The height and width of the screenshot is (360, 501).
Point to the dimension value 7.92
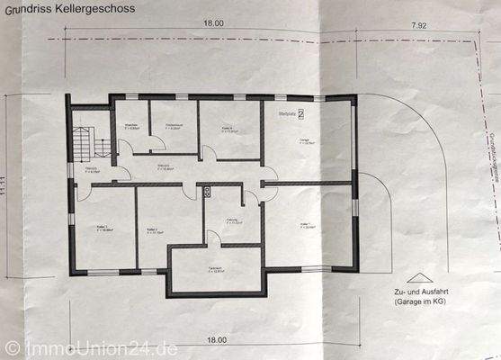pos(416,26)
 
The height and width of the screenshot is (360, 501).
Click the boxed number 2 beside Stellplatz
pos(301,114)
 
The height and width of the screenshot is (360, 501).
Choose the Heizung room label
pos(231,221)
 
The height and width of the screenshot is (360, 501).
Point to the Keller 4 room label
pos(227,130)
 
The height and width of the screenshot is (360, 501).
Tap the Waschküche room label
pos(131,126)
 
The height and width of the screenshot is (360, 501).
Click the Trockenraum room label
pos(174,128)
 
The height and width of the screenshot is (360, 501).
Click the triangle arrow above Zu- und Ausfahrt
pos(415,279)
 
